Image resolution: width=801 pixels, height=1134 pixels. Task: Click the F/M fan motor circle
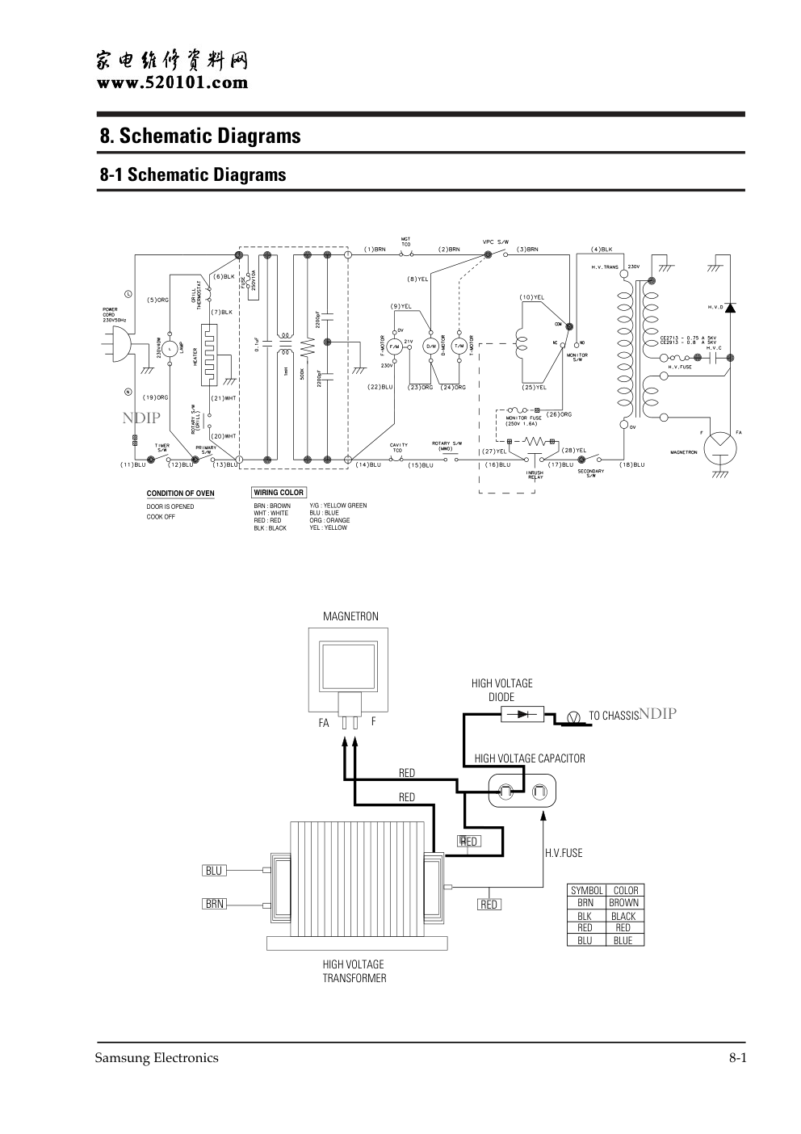click(x=395, y=346)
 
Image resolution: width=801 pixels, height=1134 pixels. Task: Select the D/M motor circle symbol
click(x=431, y=346)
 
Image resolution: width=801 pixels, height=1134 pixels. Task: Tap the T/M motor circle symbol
click(x=459, y=346)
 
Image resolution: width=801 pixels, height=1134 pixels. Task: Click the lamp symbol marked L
click(x=170, y=348)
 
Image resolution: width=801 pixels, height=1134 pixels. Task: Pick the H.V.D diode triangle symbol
click(x=730, y=308)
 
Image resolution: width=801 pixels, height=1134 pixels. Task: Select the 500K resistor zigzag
click(x=306, y=348)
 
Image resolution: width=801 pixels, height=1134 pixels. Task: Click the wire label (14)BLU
click(x=367, y=464)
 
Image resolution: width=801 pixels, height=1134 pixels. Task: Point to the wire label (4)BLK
click(x=602, y=249)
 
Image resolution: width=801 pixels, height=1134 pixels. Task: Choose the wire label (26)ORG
click(x=559, y=414)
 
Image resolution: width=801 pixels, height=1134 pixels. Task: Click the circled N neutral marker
click(x=128, y=393)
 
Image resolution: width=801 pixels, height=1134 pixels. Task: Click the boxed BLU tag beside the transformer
click(x=214, y=871)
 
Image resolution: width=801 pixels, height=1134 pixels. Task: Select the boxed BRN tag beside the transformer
click(x=214, y=905)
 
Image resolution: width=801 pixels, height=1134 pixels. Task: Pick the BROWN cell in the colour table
click(x=623, y=903)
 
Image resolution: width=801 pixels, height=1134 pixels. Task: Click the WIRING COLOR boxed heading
click(x=279, y=493)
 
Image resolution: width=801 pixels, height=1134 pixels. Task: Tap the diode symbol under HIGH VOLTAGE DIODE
click(x=522, y=714)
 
